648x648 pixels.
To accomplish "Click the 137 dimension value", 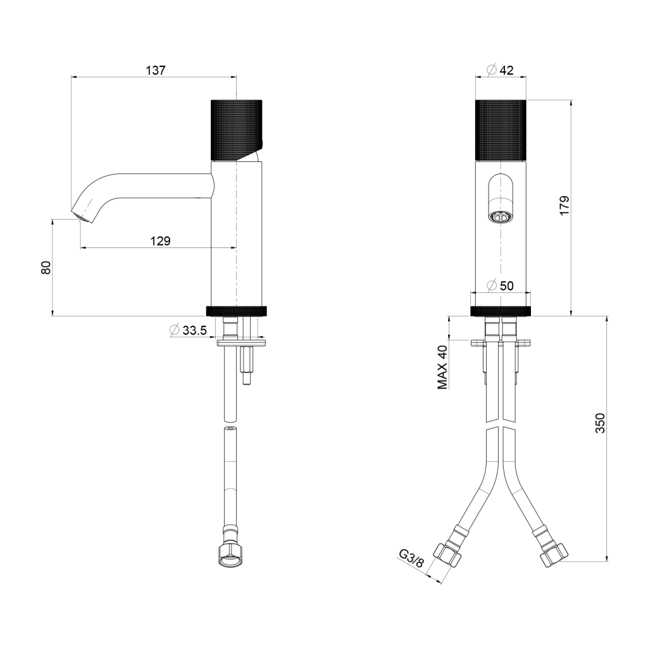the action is (x=156, y=71).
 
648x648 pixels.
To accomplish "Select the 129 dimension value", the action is (x=160, y=240).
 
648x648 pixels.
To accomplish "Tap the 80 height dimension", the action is (x=46, y=268).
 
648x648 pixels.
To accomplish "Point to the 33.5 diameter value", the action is (x=194, y=330).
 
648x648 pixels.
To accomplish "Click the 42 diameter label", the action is (x=506, y=70).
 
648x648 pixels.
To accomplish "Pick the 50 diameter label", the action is (x=506, y=285).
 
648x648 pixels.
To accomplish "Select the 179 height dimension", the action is (x=564, y=205).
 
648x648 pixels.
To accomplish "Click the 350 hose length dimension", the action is (x=600, y=423).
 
